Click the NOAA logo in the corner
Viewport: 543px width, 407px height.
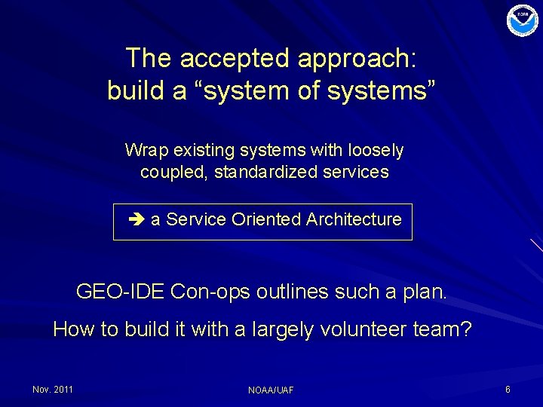point(523,20)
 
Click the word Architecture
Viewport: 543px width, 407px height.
point(354,219)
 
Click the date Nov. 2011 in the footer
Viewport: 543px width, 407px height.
point(53,389)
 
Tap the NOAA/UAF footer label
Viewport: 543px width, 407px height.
point(271,390)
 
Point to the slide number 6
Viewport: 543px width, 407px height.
point(508,389)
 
